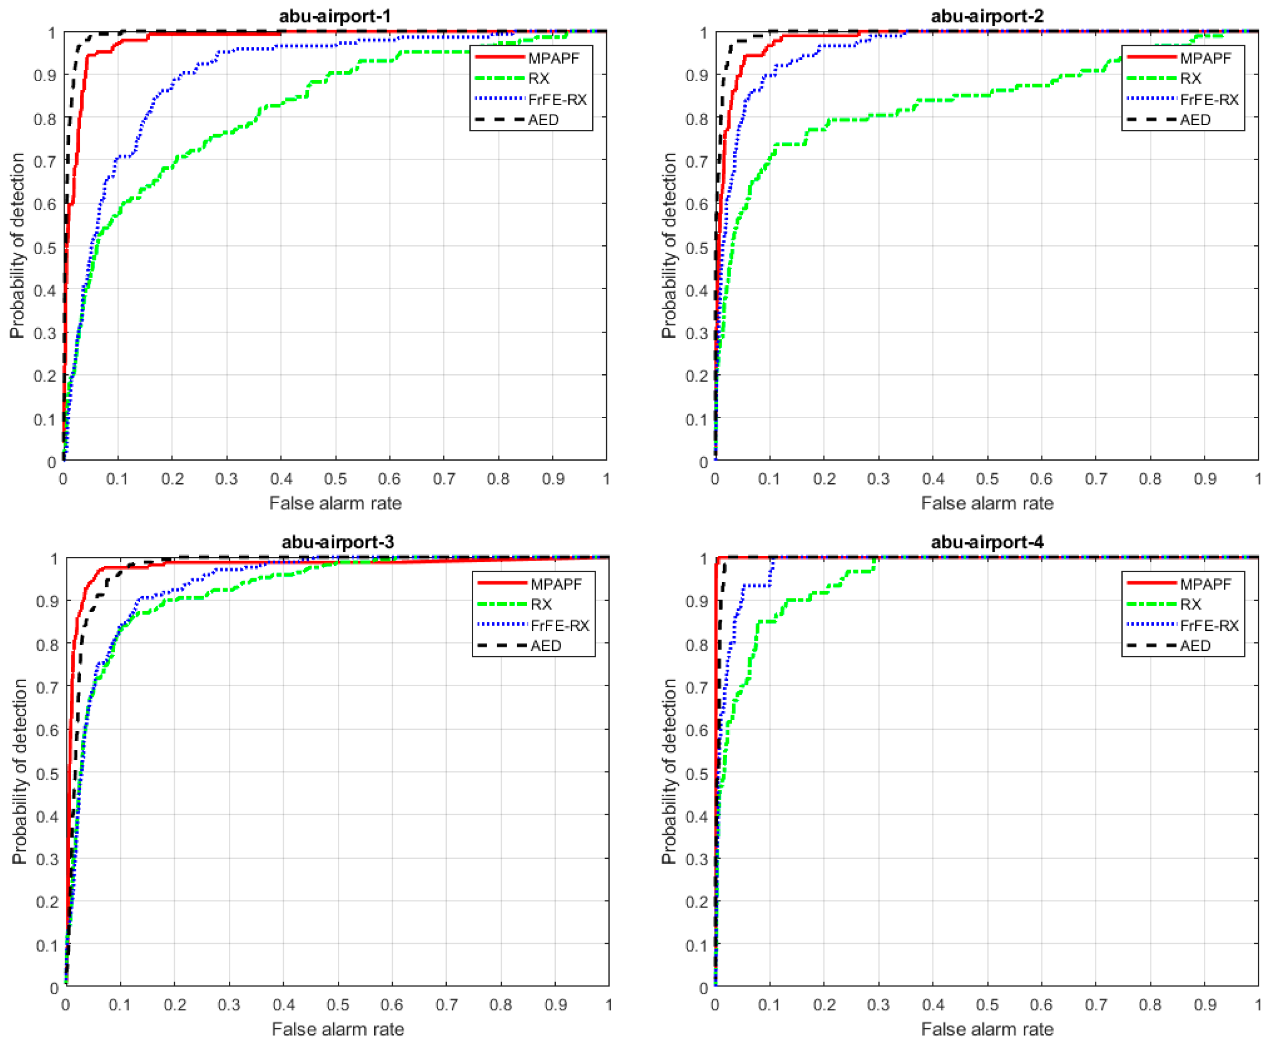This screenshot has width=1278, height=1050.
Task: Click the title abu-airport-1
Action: click(335, 16)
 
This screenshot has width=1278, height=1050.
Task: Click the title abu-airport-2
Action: click(986, 16)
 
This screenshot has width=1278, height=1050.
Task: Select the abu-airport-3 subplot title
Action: click(337, 542)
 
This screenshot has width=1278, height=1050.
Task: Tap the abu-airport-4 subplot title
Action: click(986, 542)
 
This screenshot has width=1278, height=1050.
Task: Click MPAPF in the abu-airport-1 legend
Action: click(553, 58)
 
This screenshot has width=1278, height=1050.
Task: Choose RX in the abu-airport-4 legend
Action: click(1191, 604)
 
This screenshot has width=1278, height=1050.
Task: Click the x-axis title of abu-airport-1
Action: click(335, 503)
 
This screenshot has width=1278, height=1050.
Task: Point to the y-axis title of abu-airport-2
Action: click(668, 245)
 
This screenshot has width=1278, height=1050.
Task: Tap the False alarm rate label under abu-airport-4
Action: click(986, 1029)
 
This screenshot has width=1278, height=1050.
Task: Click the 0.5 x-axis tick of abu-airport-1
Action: click(335, 479)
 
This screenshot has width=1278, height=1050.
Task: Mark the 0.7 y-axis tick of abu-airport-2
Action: click(696, 162)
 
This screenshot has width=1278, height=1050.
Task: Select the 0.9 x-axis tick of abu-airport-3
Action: click(555, 1005)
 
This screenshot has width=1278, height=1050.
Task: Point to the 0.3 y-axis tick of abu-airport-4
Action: click(696, 859)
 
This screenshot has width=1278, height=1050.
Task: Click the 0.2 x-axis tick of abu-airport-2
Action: click(824, 479)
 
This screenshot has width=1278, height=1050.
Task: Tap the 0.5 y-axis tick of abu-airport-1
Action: click(45, 248)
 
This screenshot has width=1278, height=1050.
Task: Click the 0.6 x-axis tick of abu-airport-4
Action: click(1041, 1005)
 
